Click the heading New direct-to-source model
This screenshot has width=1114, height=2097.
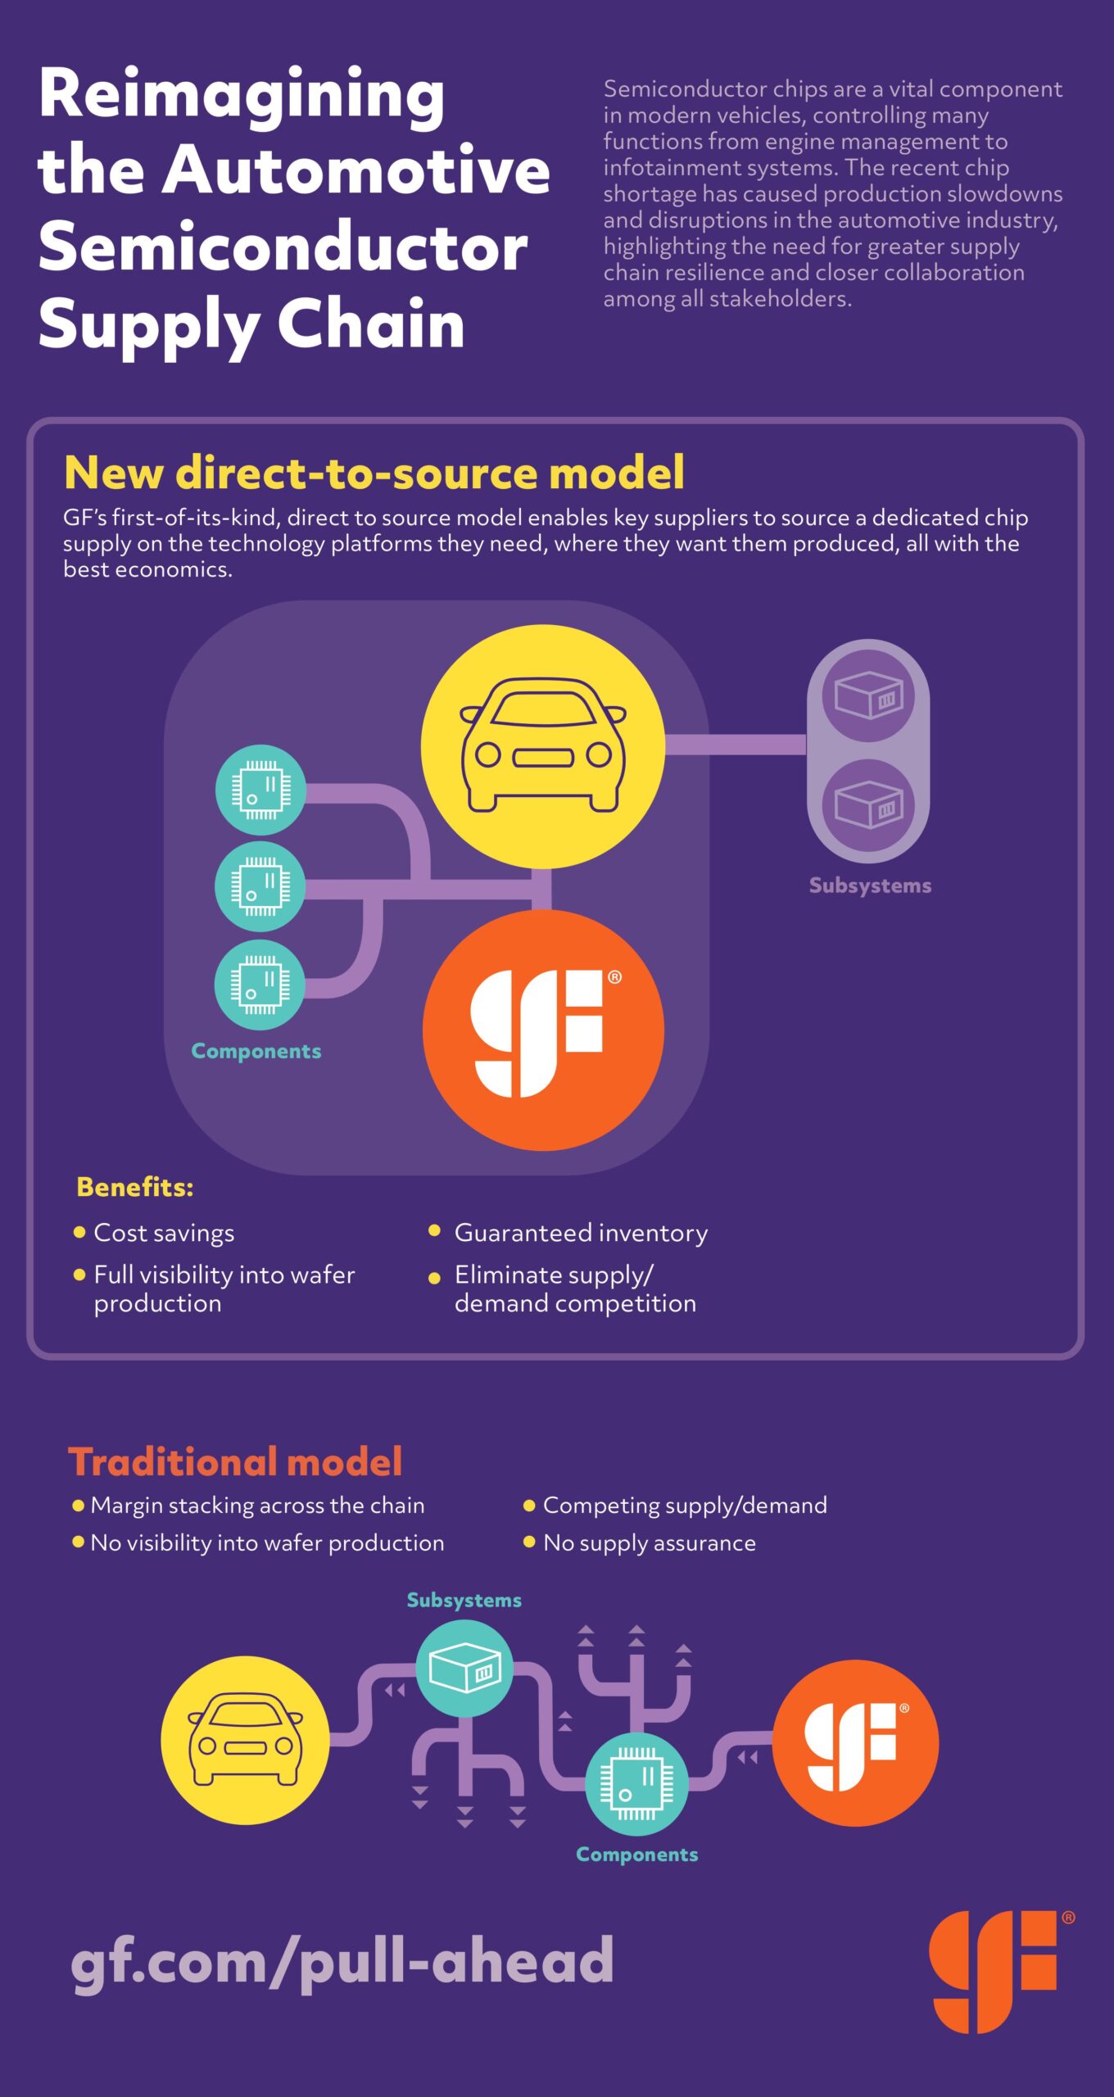click(x=374, y=473)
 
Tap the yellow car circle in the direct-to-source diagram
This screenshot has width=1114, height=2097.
click(x=543, y=746)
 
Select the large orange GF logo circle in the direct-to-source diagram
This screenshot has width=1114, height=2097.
click(x=543, y=1030)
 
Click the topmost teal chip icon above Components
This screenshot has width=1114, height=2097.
click(x=260, y=790)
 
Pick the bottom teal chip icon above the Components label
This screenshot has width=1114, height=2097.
click(x=260, y=984)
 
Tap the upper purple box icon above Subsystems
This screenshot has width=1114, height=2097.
click(x=868, y=695)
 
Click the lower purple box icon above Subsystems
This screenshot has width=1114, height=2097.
click(x=868, y=805)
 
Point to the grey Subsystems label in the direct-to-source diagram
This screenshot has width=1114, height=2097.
click(x=870, y=885)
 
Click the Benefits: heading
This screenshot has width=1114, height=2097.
click(x=135, y=1187)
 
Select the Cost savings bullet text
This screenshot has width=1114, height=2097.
click(x=164, y=1233)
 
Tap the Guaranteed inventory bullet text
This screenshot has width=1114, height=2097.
click(x=582, y=1233)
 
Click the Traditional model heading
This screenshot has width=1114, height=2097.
click(x=235, y=1462)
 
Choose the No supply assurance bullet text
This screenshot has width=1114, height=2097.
click(x=650, y=1543)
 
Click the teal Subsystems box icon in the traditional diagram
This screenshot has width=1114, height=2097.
click(x=464, y=1668)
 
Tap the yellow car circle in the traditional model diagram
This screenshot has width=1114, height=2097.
click(x=245, y=1740)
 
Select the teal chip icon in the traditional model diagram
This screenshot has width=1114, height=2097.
click(x=636, y=1783)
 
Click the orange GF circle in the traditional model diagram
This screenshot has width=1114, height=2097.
click(x=855, y=1742)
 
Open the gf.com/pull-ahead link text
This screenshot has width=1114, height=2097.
click(x=342, y=1963)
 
